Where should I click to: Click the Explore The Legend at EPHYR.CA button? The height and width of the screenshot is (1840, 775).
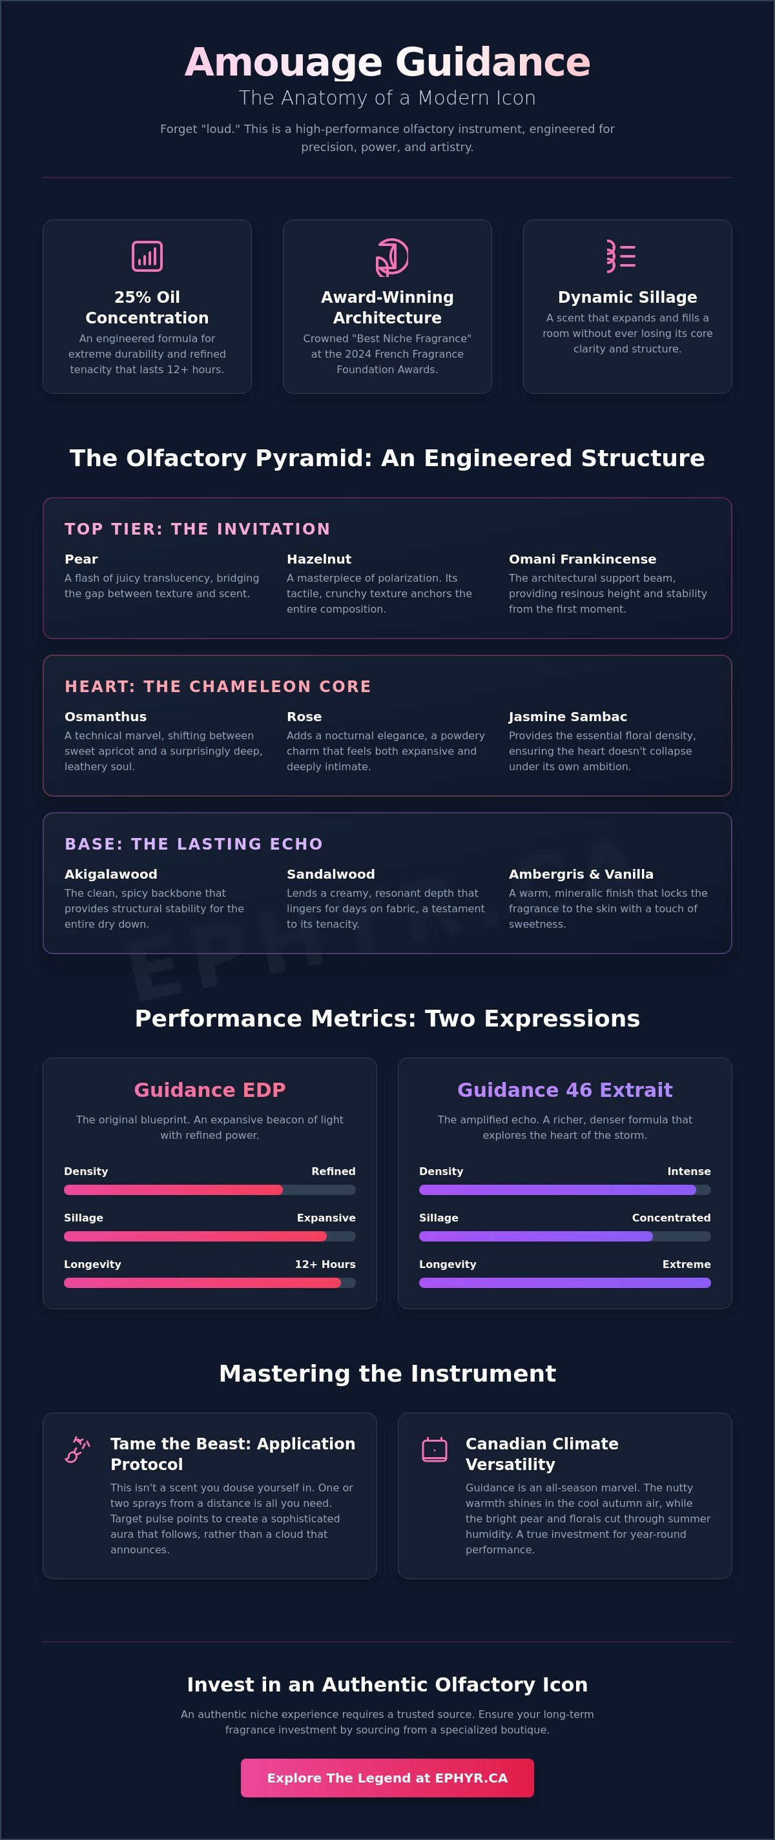(x=387, y=1778)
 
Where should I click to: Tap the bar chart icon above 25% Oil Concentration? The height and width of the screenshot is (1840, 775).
(x=147, y=256)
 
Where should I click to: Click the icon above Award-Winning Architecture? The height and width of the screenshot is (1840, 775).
(x=391, y=257)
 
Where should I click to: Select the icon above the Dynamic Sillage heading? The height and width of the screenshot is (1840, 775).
(x=621, y=256)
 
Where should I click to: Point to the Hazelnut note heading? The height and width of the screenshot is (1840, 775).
(x=318, y=559)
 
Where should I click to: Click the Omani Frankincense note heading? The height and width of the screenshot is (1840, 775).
(x=582, y=559)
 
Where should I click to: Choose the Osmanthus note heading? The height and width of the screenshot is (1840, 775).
(x=106, y=717)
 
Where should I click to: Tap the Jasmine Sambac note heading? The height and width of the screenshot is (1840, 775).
(x=568, y=717)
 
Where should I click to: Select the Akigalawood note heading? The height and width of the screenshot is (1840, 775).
(x=110, y=874)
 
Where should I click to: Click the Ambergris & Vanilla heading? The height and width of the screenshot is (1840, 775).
(x=581, y=874)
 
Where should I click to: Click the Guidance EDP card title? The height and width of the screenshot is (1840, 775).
(x=210, y=1090)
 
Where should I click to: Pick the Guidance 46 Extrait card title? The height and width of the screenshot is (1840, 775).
(x=565, y=1090)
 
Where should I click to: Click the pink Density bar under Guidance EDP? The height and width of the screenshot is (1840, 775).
(x=174, y=1190)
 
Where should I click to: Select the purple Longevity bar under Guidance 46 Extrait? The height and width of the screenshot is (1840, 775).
(x=565, y=1283)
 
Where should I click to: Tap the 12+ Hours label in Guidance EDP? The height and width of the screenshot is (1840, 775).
(x=325, y=1264)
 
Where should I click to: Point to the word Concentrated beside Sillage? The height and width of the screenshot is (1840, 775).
(x=672, y=1218)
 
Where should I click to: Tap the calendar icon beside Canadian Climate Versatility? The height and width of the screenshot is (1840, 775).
(x=434, y=1449)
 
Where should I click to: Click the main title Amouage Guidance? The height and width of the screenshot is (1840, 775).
(x=387, y=62)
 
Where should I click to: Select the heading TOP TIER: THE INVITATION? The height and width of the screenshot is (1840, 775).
(x=197, y=529)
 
